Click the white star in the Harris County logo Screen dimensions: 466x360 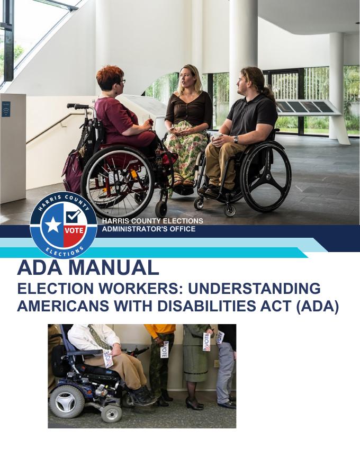pos(52,225)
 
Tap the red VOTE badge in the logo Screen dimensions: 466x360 pos(74,231)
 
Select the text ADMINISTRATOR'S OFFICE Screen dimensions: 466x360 pos(148,229)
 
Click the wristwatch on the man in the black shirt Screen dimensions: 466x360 pos(236,139)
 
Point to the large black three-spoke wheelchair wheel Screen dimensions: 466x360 pos(265,177)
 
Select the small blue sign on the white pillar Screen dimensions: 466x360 pos(6,109)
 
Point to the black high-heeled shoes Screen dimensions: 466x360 pos(194,404)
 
